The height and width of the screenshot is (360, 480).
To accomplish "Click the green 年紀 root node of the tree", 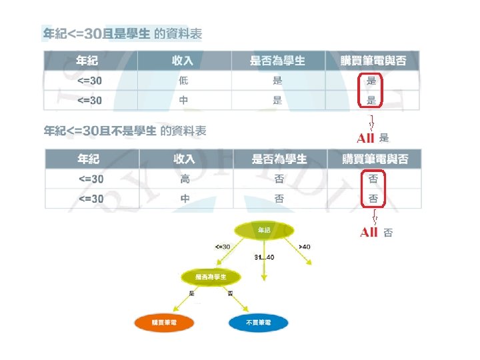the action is pos(265,230).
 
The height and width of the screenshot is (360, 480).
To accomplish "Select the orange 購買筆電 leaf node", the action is pos(164,323).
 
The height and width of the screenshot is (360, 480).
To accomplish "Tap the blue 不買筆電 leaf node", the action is pos(259,323).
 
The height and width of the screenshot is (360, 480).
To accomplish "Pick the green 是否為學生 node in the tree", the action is pos(210,276).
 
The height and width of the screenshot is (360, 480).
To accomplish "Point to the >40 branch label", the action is pos(305,247).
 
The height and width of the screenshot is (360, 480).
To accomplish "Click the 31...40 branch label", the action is pos(265,256).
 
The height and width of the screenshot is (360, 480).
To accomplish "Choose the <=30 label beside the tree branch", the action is pos(223,247).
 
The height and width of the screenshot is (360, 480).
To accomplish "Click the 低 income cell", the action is pos(183,81).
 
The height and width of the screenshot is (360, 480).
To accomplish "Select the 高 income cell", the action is pos(185,179).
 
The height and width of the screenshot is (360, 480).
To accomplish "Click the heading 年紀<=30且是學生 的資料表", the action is pos(123,33).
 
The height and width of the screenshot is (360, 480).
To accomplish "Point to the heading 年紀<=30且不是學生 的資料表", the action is pos(125,130).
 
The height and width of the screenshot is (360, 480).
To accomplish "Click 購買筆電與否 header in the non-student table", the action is pos(374,159).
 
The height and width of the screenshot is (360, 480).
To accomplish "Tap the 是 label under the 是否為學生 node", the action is pos(192,293).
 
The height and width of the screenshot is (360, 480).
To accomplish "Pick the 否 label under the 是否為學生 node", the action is pos(230,293).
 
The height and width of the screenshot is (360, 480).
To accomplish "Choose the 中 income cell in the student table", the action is pos(185,101).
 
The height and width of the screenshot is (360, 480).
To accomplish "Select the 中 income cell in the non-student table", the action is pos(185,199).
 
